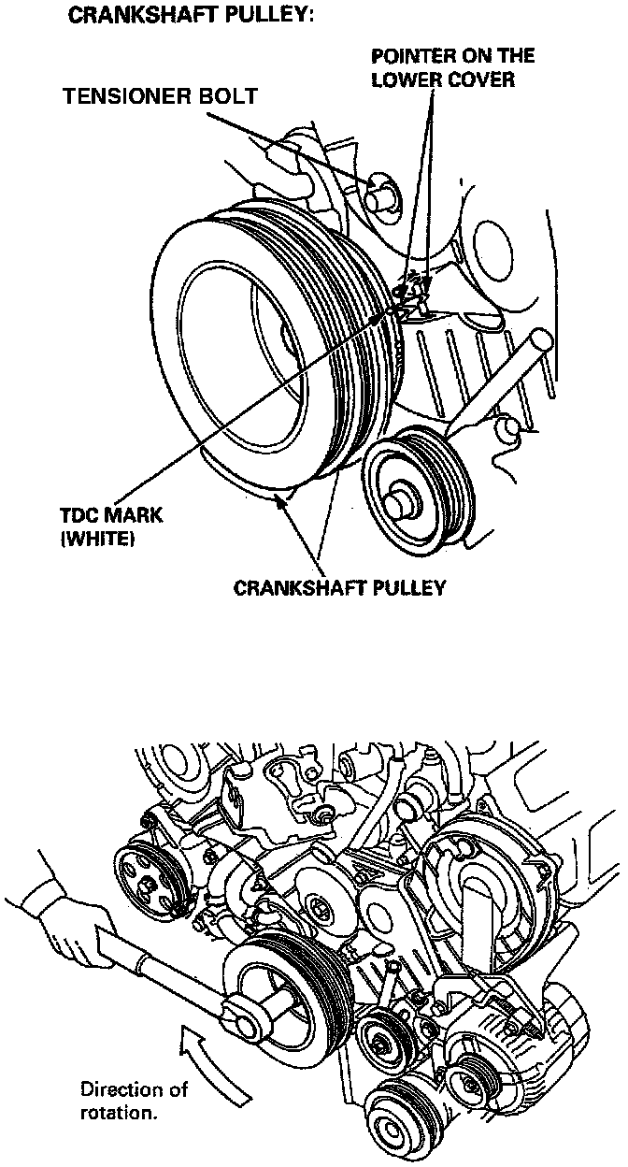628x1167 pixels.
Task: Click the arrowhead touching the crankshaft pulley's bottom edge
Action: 278,502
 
